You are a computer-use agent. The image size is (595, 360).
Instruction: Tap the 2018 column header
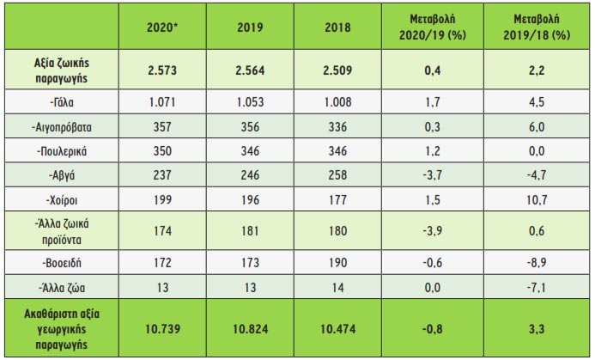(339, 26)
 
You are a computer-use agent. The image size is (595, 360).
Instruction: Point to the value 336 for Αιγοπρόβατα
(339, 127)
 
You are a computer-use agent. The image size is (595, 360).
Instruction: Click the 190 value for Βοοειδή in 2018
(339, 261)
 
